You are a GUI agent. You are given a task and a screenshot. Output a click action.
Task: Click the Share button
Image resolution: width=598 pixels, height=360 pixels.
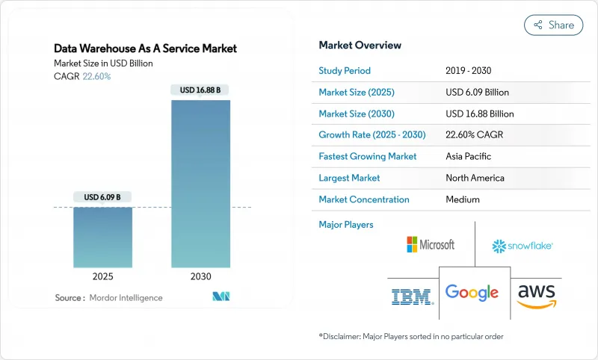[x=553, y=25]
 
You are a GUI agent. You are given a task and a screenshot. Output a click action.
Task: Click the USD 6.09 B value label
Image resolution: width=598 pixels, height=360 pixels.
[x=102, y=197]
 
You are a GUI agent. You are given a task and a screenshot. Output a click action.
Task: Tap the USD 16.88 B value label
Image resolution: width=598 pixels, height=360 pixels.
[x=200, y=90]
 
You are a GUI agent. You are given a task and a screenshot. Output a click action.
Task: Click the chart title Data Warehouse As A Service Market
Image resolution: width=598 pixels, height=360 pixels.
[x=146, y=49]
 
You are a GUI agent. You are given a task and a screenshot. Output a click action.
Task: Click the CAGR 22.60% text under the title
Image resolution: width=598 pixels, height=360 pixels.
[x=82, y=76]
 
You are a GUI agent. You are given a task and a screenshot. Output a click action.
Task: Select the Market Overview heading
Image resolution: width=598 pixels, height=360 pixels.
[x=360, y=45]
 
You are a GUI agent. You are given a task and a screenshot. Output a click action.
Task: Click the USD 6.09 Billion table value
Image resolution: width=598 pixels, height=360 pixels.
[x=476, y=93]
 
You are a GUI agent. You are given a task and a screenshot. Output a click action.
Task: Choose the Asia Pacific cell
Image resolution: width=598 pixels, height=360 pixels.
[x=469, y=157]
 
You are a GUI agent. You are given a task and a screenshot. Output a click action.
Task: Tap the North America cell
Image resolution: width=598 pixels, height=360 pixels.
[x=474, y=178]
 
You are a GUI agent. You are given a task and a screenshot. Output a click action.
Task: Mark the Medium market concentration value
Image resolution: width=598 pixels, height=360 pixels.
[x=462, y=199]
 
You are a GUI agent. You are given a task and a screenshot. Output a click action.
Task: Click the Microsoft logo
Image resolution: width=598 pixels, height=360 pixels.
[x=430, y=244]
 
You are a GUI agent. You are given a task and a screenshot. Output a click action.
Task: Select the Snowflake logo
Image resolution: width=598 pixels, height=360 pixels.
[x=522, y=246]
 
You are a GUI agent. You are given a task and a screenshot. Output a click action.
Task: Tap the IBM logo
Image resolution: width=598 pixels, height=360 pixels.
[x=412, y=297]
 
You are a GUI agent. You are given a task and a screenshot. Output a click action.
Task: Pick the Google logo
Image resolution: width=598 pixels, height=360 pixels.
[x=472, y=293]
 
